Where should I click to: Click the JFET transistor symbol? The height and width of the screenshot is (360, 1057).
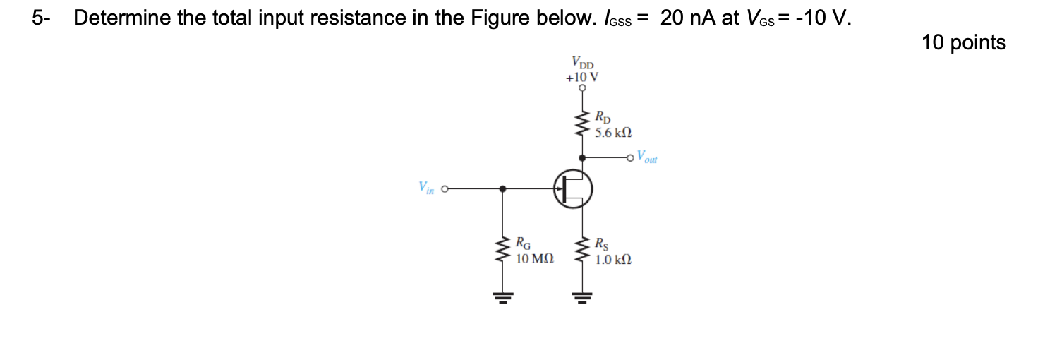[573, 188]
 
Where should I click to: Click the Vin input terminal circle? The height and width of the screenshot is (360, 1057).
[445, 189]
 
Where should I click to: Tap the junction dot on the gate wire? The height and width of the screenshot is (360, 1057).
[502, 189]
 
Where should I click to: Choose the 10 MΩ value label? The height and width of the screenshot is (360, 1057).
[535, 259]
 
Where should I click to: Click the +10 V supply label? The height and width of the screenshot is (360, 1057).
[582, 76]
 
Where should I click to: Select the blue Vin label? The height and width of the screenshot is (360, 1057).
[425, 188]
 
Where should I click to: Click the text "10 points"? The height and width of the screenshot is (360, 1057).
[963, 43]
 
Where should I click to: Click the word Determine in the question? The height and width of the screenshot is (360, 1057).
[121, 18]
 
